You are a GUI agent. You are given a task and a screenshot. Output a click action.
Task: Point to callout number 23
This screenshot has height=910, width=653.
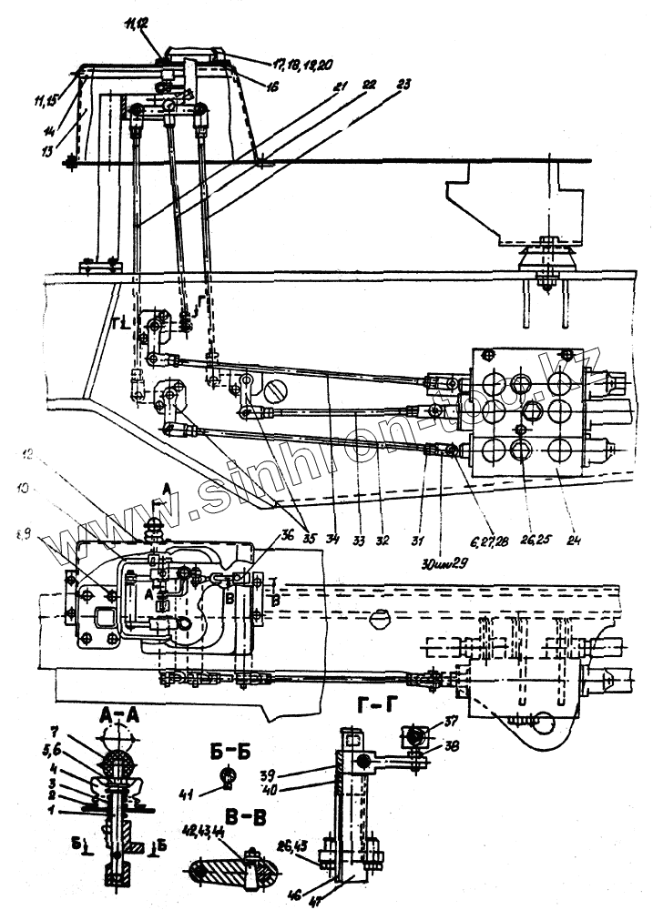[403, 84]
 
